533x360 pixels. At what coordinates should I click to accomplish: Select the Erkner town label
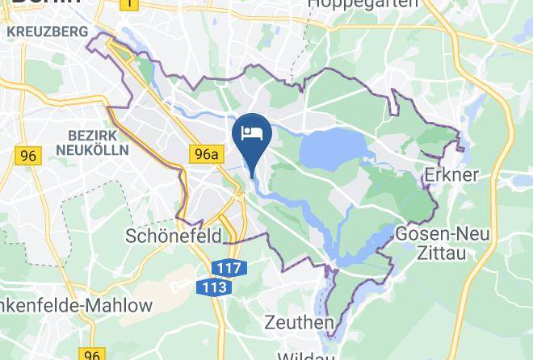coord(451,174)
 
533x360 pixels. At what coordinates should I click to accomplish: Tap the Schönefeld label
coord(174,236)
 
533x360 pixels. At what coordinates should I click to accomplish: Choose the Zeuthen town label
coord(300,323)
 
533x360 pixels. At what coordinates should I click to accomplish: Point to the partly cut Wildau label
coord(306,355)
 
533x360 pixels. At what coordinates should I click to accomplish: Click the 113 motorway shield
coord(212,287)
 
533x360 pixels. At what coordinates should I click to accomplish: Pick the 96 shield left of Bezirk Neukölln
coord(27,156)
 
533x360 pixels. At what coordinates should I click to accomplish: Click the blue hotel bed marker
coord(251,132)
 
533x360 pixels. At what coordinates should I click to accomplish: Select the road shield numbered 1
coord(128,4)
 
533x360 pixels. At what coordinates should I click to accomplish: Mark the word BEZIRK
coord(94,134)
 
